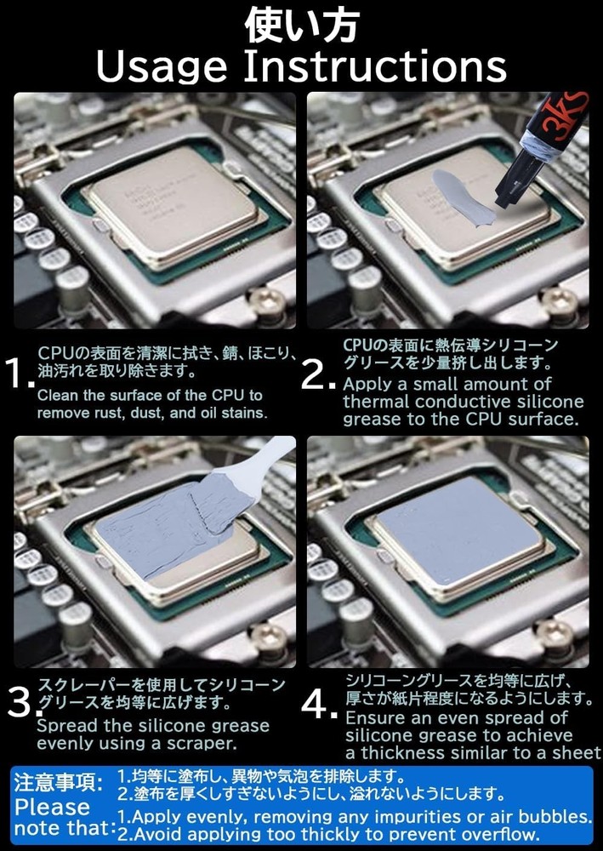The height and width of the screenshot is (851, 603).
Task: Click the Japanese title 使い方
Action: click(301, 26)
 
